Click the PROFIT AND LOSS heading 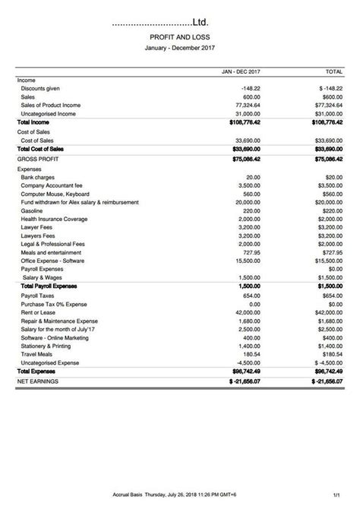pos(181,36)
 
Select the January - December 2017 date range pos(180,46)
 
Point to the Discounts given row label pos(42,88)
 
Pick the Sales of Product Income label pos(51,105)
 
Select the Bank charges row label pos(39,177)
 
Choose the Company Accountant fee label pos(52,185)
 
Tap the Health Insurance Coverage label pos(55,219)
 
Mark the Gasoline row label pos(33,210)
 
